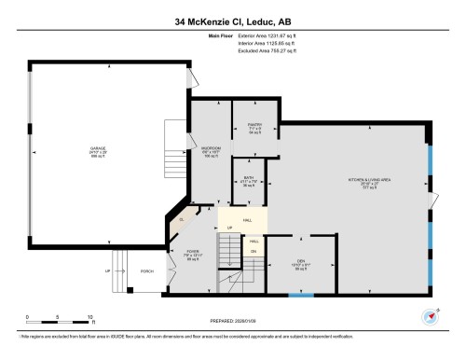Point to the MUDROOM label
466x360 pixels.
point(211,150)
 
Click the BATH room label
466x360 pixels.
point(249,179)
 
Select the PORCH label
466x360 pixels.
point(146,272)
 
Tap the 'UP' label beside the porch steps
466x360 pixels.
point(108,272)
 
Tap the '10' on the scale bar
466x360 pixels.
point(90,316)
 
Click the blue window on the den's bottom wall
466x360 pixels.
point(300,296)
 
